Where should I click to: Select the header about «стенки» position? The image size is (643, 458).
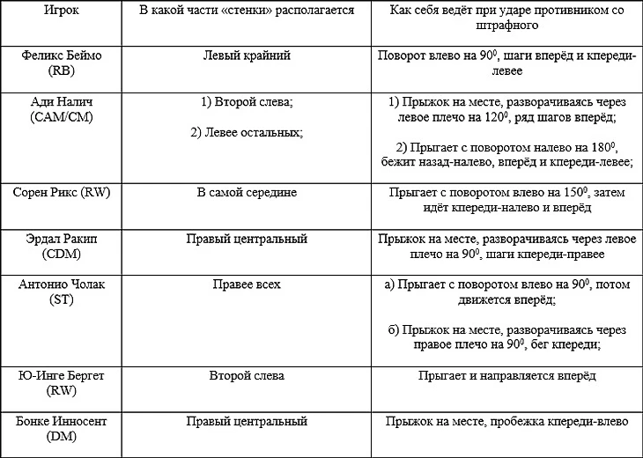247,11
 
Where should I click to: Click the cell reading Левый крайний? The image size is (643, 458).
247,55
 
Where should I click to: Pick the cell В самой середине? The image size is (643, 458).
247,191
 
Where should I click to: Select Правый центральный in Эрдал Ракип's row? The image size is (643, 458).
247,238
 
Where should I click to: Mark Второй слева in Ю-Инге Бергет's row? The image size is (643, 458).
247,376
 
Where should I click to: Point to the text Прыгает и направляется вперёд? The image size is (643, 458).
506,376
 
